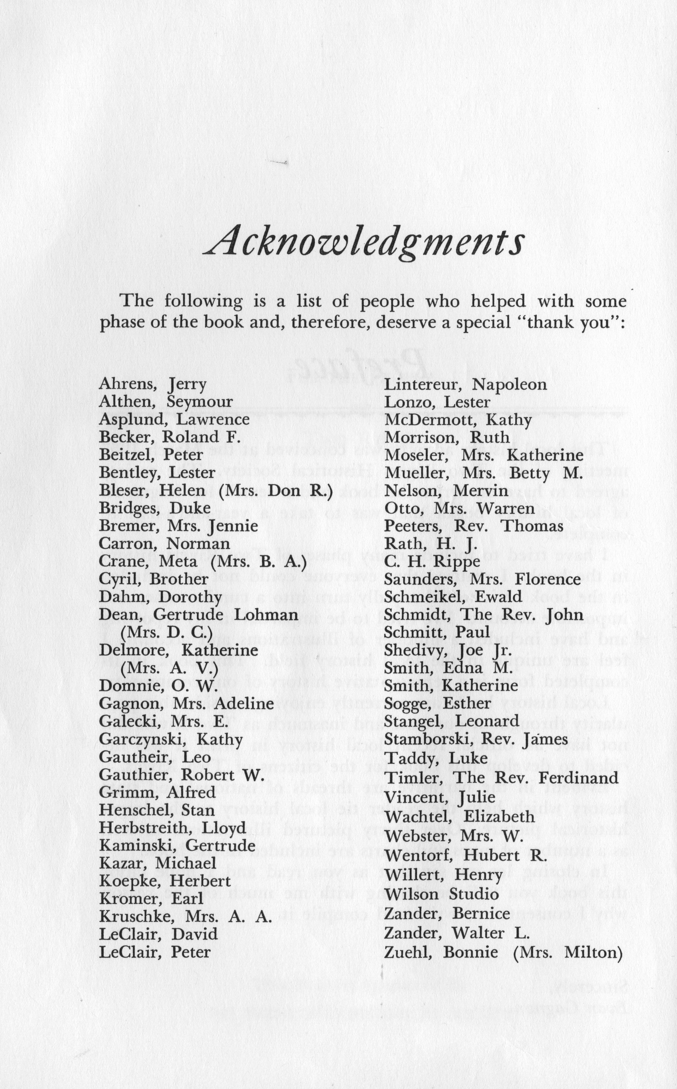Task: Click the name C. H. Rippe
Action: (x=432, y=561)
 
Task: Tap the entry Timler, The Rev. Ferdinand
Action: (x=501, y=777)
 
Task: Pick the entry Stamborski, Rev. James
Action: (x=475, y=739)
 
